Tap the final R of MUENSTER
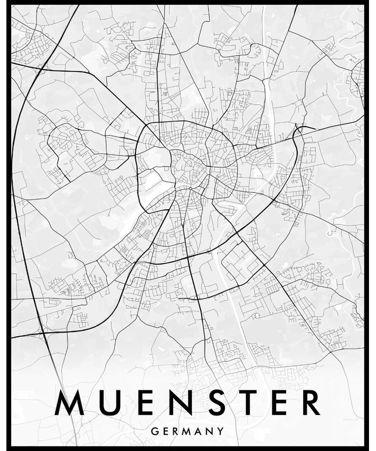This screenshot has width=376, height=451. click(x=310, y=403)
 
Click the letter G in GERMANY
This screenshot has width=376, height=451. click(x=154, y=432)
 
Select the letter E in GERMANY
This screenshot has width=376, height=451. click(x=165, y=432)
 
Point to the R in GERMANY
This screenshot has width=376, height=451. click(x=175, y=432)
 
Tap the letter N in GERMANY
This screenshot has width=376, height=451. click(x=210, y=432)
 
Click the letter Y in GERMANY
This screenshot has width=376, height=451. click(x=221, y=432)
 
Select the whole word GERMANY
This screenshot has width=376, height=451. click(x=188, y=432)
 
